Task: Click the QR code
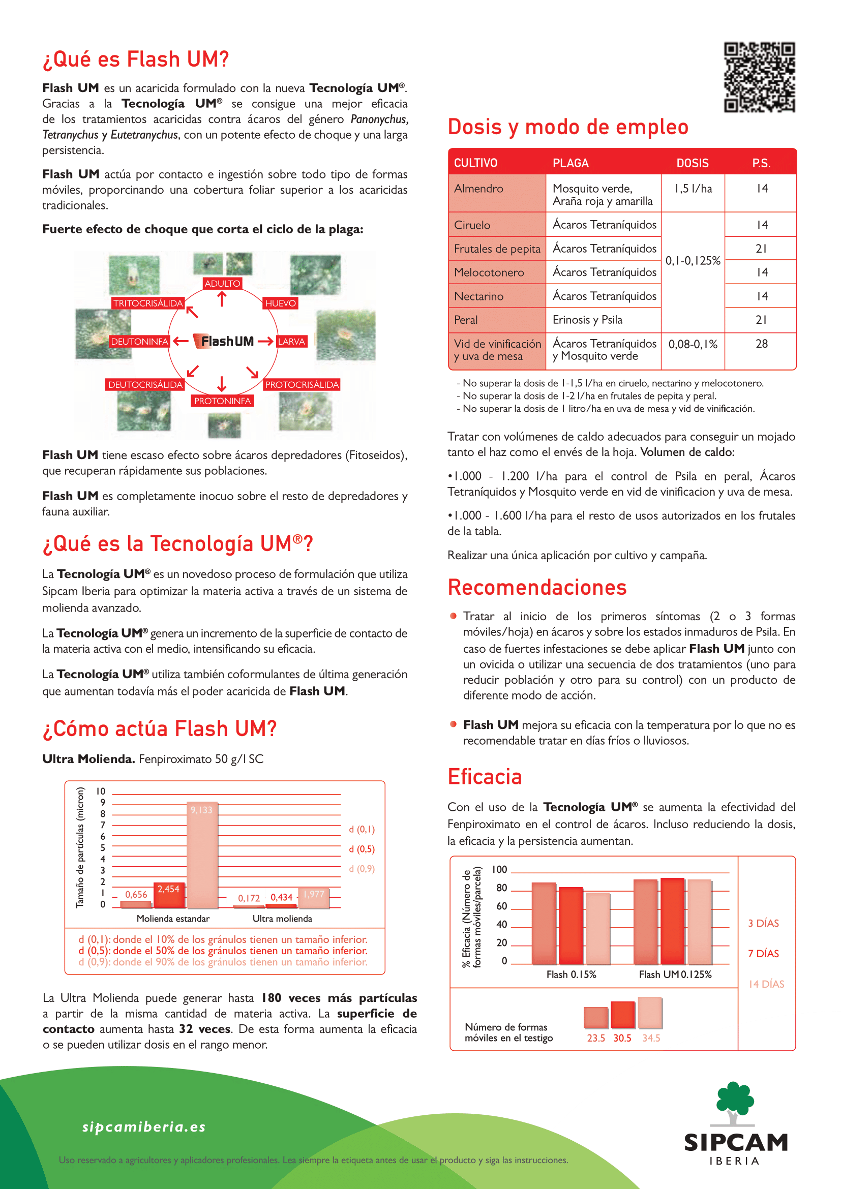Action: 759,77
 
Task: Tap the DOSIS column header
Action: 693,163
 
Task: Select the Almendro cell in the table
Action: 478,189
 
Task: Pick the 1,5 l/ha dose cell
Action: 693,189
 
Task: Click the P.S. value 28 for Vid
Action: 761,344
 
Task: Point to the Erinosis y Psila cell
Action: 587,320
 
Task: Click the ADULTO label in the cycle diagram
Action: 222,283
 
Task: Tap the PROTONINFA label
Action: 222,401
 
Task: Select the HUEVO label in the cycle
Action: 280,303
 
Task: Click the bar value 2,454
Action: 168,889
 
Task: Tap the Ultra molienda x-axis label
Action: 282,919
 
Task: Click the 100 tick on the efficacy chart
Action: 499,869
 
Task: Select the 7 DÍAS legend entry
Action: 763,953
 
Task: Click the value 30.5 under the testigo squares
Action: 622,1039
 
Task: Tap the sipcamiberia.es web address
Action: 144,1127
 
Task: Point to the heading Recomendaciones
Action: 537,588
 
